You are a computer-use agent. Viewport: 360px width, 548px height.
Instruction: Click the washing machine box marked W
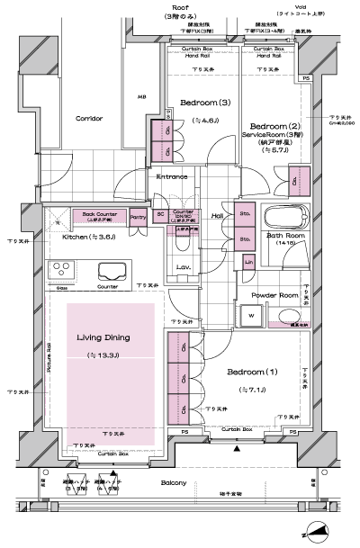click(250, 316)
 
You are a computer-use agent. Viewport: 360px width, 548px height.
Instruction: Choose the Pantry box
click(138, 217)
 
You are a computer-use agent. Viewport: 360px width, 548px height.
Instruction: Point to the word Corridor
click(89, 118)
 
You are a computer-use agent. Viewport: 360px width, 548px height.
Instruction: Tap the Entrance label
click(173, 176)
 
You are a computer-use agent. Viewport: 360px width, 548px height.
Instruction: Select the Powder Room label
click(274, 294)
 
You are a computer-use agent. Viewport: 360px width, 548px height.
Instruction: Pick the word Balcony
click(176, 484)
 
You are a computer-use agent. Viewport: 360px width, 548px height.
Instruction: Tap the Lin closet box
click(249, 261)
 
